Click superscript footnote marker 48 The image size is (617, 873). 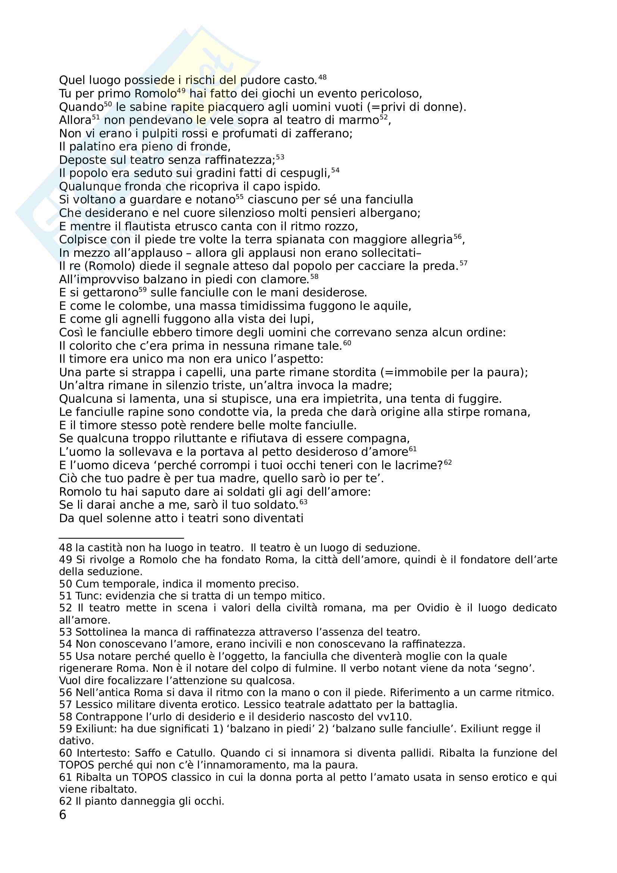322,78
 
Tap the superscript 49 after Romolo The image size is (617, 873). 181,91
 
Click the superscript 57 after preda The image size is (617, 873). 463,264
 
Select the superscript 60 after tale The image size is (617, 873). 347,343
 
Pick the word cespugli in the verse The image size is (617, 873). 305,174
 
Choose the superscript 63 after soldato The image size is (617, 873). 303,502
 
